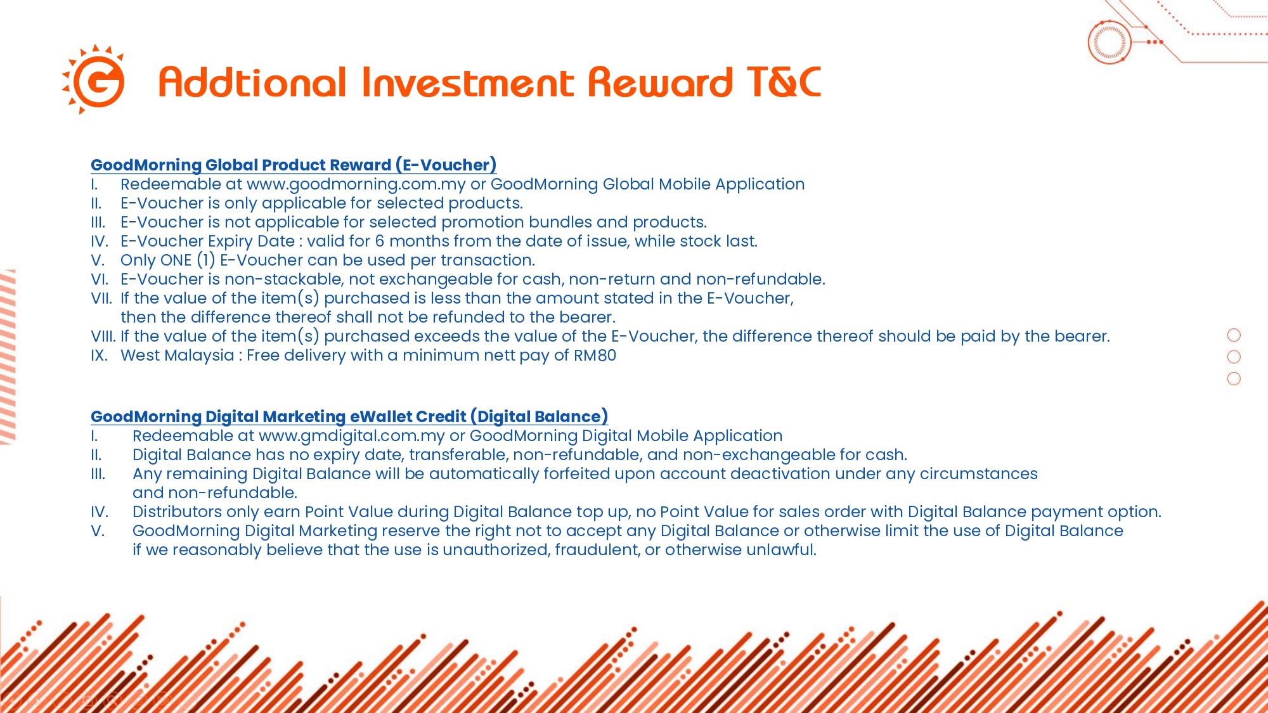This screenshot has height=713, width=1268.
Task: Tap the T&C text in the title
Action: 784,82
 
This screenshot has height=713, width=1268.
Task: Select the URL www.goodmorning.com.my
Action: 356,184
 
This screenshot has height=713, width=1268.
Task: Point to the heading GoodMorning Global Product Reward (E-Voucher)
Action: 294,165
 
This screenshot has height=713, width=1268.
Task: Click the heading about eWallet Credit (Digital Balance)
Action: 349,416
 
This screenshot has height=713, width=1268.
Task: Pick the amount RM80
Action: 595,356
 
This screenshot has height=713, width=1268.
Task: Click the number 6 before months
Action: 380,241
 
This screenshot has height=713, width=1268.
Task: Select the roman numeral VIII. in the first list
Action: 103,337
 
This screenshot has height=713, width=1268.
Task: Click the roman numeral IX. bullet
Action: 99,356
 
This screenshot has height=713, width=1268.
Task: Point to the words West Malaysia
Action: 178,356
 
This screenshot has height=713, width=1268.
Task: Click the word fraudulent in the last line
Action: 597,550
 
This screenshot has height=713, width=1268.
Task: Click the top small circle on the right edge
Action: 1234,335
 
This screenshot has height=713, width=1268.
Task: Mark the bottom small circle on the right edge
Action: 1234,378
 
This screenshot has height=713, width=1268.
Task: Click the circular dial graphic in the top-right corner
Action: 1109,42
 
